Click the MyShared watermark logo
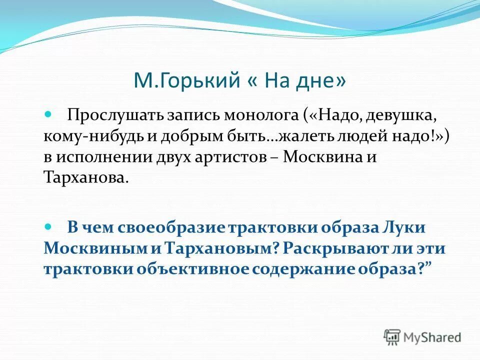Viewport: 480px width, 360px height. click(x=422, y=336)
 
